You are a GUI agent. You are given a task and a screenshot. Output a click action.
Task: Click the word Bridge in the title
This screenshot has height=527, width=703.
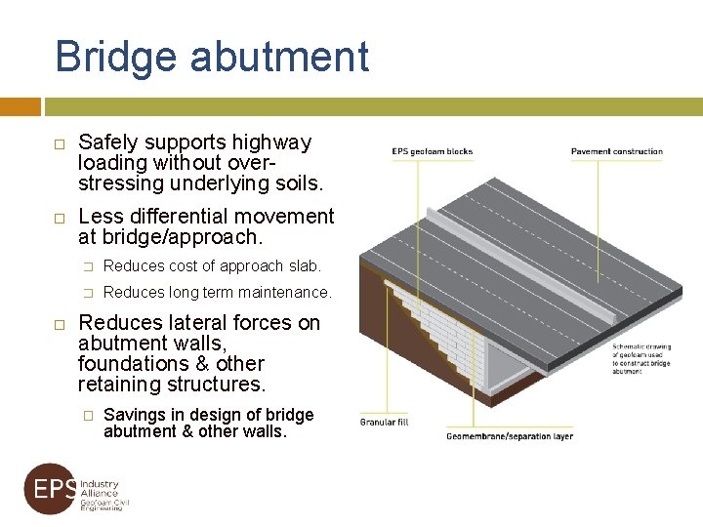coord(116,57)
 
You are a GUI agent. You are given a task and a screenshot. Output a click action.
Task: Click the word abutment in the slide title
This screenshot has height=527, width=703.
coord(279,57)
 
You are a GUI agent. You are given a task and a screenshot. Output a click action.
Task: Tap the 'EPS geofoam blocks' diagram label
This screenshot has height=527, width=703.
coord(432,151)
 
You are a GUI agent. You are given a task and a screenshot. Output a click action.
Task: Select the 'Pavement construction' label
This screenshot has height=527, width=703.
coord(616,151)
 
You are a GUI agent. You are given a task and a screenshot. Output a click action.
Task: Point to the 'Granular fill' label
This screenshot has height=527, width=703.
coord(384,423)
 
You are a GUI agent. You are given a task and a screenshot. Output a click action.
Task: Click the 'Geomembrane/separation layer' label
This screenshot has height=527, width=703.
coord(510,436)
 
